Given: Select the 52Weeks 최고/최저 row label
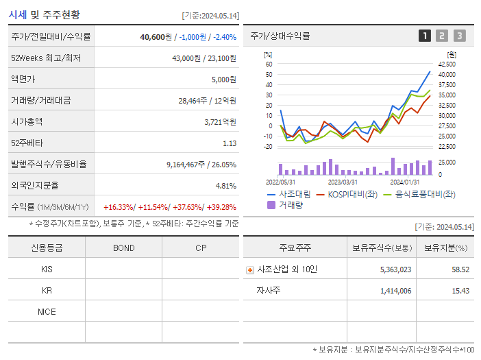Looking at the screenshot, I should (x=46, y=58).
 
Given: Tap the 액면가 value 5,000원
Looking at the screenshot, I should (x=223, y=80).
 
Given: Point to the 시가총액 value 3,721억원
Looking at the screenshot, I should (x=220, y=122).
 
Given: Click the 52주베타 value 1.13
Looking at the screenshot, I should (x=230, y=143).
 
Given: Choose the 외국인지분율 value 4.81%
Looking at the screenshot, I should (x=225, y=186).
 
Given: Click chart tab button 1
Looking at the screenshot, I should (x=425, y=36).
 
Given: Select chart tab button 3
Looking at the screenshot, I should (x=459, y=36).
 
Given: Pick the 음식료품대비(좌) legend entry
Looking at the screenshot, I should (x=425, y=195).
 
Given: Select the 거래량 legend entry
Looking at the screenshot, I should (x=290, y=205).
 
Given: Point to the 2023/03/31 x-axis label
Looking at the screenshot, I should (x=343, y=182).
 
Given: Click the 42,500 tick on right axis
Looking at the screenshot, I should (x=447, y=64).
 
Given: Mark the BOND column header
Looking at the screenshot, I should (x=123, y=248).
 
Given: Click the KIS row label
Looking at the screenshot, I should (x=47, y=269).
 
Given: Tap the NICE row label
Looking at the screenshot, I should (x=47, y=312).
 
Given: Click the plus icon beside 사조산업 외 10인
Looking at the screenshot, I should (x=250, y=270).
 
